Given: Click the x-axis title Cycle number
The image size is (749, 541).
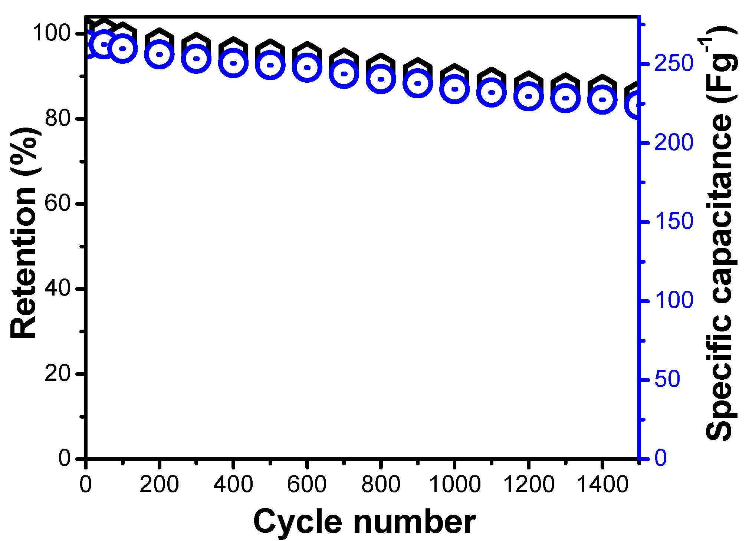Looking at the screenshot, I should pyautogui.click(x=364, y=522).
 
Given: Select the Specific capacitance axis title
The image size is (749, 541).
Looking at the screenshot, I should pyautogui.click(x=719, y=234).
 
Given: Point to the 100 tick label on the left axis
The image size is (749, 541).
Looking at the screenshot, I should pyautogui.click(x=51, y=33).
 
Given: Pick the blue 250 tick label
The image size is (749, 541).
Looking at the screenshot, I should pyautogui.click(x=674, y=64).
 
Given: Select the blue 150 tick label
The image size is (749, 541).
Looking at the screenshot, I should pyautogui.click(x=674, y=222).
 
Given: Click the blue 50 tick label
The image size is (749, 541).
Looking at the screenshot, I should pyautogui.click(x=667, y=380).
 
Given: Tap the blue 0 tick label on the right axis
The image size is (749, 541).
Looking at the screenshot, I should pyautogui.click(x=661, y=458).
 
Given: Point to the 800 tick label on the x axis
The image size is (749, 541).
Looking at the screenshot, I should pyautogui.click(x=381, y=484).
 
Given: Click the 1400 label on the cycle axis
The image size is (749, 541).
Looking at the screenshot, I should pyautogui.click(x=602, y=484).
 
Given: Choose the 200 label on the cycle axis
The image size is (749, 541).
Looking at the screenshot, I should pyautogui.click(x=159, y=484).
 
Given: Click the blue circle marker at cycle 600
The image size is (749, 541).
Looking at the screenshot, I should pyautogui.click(x=307, y=67).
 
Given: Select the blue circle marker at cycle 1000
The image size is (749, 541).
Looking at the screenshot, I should pyautogui.click(x=455, y=89).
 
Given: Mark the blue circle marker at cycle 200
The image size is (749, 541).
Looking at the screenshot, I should pyautogui.click(x=160, y=54).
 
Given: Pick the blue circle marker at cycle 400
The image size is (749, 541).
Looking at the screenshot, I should pyautogui.click(x=233, y=63).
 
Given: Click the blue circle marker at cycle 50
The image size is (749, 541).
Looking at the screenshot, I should pyautogui.click(x=104, y=44).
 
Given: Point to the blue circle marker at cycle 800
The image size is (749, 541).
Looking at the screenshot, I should pyautogui.click(x=381, y=79).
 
